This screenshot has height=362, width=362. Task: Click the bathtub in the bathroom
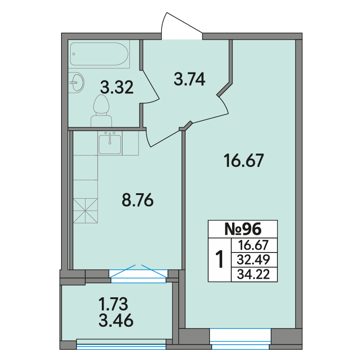[x=99, y=54]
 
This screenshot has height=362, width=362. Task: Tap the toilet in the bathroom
[x=101, y=110]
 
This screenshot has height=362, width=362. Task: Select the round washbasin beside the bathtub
[x=76, y=82]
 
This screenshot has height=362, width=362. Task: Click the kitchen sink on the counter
[x=110, y=143]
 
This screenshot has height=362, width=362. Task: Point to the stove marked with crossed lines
[x=86, y=210]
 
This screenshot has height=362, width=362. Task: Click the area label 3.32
[x=117, y=87]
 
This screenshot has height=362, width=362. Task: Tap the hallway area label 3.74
[x=190, y=79]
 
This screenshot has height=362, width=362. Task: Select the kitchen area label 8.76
[x=138, y=200]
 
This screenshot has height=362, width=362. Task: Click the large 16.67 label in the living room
[x=244, y=161]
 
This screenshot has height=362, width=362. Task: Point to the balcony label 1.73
[x=113, y=304]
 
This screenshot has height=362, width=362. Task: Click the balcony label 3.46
[x=116, y=320]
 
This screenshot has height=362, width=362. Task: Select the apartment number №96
[x=243, y=229]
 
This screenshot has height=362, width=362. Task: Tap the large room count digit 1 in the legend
[x=219, y=259]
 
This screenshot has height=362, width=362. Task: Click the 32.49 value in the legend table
[x=253, y=260]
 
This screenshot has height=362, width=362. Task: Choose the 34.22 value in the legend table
[x=253, y=275]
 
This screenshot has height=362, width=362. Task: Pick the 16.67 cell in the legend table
[x=253, y=245]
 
